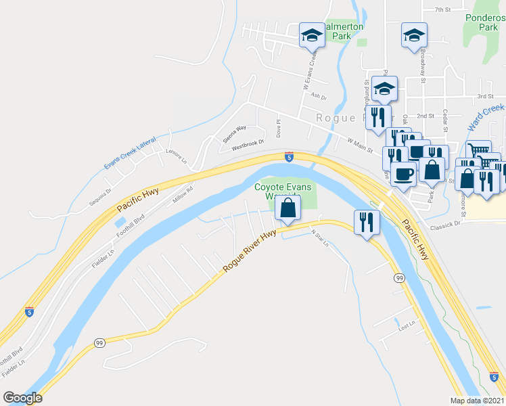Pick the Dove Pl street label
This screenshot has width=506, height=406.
pyautogui.click(x=277, y=127)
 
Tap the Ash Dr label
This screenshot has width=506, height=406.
pyautogui.click(x=318, y=96)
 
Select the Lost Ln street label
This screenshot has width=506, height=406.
pyautogui.click(x=406, y=326)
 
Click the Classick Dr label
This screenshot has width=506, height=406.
pyautogui.click(x=448, y=222)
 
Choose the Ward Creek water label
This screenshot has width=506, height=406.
pyautogui.click(x=486, y=116)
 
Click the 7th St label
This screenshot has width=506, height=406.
pyautogui.click(x=442, y=9)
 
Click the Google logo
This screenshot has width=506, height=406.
pyautogui.click(x=23, y=398)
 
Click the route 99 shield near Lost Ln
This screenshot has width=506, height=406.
pyautogui.click(x=400, y=278)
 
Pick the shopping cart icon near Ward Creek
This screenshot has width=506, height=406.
pyautogui.click(x=478, y=151)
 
